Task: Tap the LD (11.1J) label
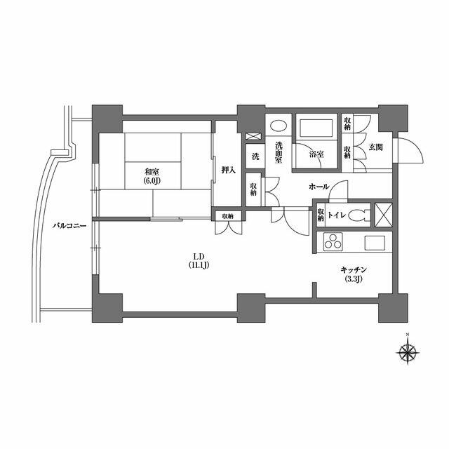pos(199,260)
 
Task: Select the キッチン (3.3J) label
pos(354,274)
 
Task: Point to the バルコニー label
pos(69,226)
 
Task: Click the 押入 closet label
pos(228,170)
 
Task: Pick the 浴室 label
pos(316,154)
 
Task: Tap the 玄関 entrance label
pos(375,147)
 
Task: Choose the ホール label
pos(319,187)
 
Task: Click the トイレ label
pos(337,215)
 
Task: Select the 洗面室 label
pos(279,152)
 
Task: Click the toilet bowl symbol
pos(360,215)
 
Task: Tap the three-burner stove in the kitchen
pos(333,242)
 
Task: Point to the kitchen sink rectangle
pos(375,243)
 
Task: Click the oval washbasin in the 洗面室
pos(279,126)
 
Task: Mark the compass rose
pos(408,351)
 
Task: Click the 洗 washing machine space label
pos(255,156)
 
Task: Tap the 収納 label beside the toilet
pos(321,215)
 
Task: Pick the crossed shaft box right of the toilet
pos(383,215)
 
